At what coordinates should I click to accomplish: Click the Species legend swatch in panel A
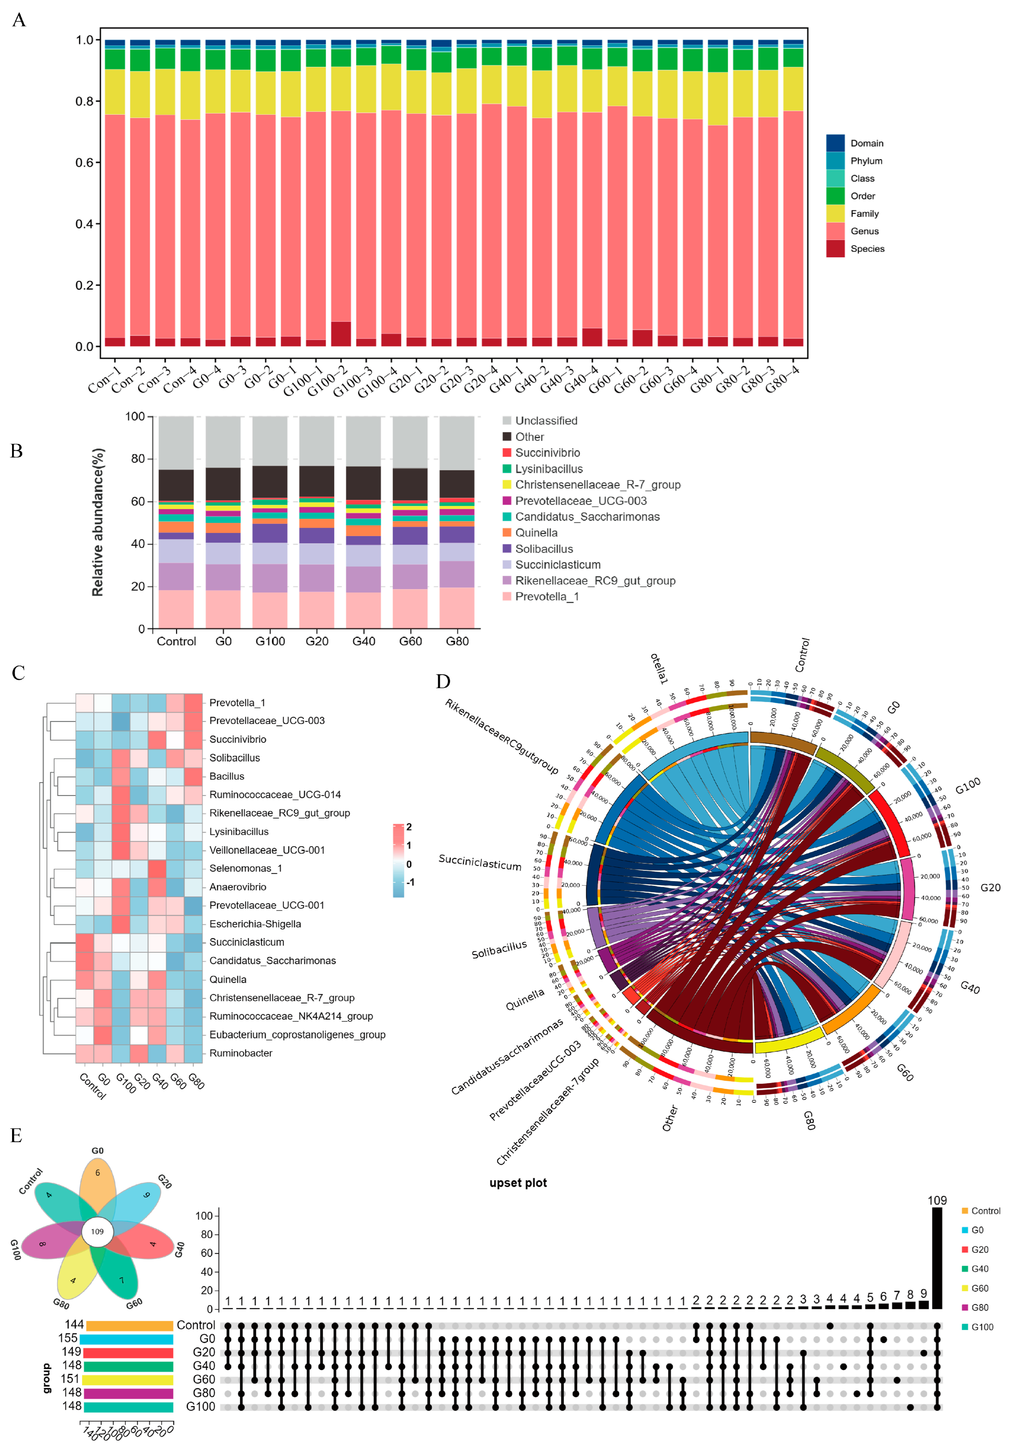pos(835,248)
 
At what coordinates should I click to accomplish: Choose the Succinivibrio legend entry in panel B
pos(547,453)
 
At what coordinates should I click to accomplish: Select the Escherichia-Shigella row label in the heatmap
pos(255,924)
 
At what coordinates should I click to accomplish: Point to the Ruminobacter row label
pos(240,1053)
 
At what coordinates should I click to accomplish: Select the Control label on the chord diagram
pos(802,655)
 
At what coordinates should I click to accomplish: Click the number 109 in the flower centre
pos(97,1231)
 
